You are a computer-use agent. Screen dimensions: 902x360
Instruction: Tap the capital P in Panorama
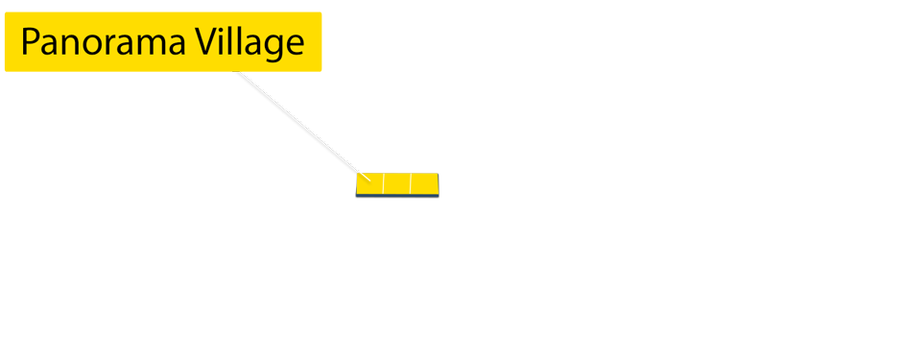click(x=30, y=43)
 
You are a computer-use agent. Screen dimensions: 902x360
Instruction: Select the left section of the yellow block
click(x=369, y=183)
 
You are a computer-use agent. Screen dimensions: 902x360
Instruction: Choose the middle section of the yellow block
click(x=397, y=183)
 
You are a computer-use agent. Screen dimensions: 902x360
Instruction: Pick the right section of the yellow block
click(x=424, y=183)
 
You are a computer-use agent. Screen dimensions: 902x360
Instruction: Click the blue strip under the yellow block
click(x=397, y=197)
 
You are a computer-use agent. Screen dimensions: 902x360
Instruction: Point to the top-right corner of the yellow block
click(x=439, y=174)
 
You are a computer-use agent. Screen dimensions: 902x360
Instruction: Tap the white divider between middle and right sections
click(x=411, y=183)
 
